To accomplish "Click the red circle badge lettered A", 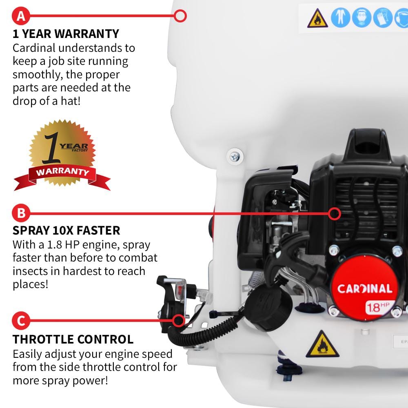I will click(x=21, y=16).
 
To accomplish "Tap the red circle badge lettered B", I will click(x=21, y=213).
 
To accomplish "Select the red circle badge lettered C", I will click(x=21, y=321).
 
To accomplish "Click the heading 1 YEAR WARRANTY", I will click(x=66, y=33).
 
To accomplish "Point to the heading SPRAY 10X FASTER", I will click(x=67, y=231).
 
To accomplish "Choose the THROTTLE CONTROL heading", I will click(x=73, y=339).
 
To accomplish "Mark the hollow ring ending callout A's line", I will click(x=180, y=16).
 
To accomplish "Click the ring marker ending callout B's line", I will click(x=335, y=213).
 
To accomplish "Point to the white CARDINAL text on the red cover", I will click(x=364, y=289).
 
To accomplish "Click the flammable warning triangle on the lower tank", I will click(x=322, y=345).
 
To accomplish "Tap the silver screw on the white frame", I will click(x=235, y=155).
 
